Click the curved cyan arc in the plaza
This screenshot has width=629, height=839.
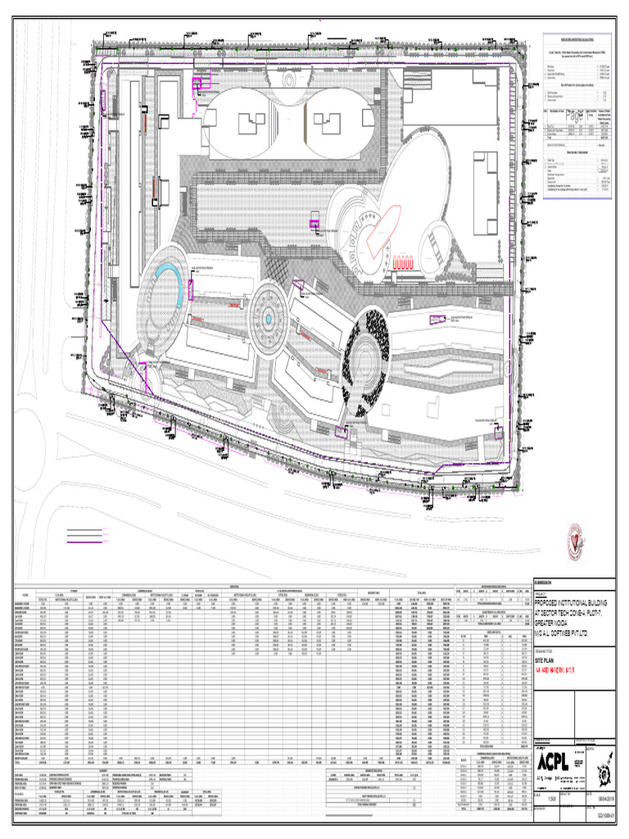click(x=168, y=279)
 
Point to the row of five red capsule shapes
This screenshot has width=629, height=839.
click(x=406, y=264)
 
